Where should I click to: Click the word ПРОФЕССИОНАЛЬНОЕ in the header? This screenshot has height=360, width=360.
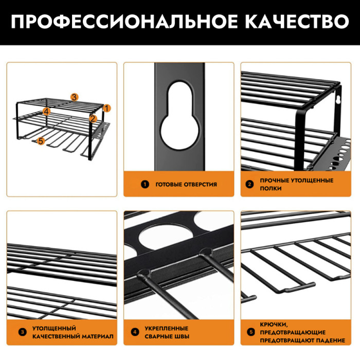(124, 22)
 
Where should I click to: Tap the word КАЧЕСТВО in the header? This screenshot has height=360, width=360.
(297, 22)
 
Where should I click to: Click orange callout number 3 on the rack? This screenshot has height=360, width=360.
(74, 97)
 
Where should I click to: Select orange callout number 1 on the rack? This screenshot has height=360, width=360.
(107, 108)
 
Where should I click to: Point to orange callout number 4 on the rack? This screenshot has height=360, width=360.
(46, 112)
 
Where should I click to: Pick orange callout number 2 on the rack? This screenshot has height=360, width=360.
(93, 118)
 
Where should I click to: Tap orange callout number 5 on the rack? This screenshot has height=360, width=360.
(41, 141)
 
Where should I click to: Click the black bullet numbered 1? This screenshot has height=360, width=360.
(145, 184)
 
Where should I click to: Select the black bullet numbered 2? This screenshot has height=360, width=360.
(249, 184)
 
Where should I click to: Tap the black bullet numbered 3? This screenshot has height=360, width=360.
(23, 332)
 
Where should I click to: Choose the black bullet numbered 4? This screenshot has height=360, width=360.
(135, 332)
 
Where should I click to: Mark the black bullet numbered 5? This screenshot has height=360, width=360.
(251, 332)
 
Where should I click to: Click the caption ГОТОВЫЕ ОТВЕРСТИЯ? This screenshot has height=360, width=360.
(186, 184)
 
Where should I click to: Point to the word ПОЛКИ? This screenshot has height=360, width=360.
(271, 188)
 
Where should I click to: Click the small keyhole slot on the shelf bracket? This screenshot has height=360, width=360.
(338, 100)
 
